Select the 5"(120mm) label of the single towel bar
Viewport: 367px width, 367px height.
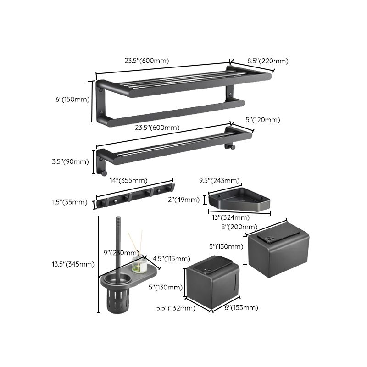click(x=263, y=120)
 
